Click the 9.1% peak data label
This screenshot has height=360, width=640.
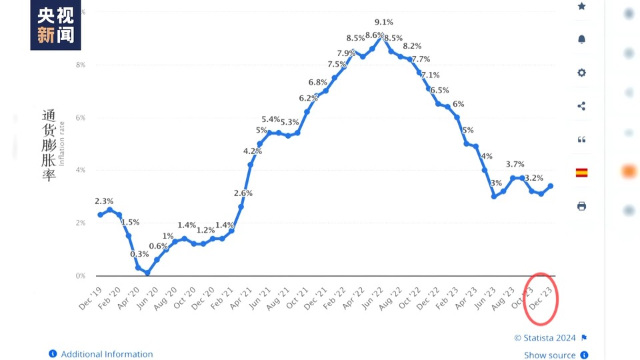click(383, 22)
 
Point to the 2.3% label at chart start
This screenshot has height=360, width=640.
click(104, 201)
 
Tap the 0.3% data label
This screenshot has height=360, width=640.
click(139, 254)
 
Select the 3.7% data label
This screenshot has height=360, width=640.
click(515, 164)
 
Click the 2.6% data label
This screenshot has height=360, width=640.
click(243, 193)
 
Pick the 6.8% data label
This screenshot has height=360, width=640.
click(317, 82)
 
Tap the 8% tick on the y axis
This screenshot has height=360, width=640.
click(81, 65)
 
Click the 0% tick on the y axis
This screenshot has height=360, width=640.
click(81, 275)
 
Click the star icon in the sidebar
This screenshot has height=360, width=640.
click(581, 6)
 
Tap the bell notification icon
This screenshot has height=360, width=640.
click(581, 39)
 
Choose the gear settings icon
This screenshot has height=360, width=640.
click(581, 73)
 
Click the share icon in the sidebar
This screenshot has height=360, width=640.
click(581, 106)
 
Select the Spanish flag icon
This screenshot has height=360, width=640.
click(581, 173)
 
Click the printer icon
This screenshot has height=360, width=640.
click(581, 206)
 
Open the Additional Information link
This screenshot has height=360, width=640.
click(107, 354)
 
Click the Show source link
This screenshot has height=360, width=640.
click(549, 355)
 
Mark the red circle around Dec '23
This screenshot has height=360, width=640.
click(542, 298)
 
